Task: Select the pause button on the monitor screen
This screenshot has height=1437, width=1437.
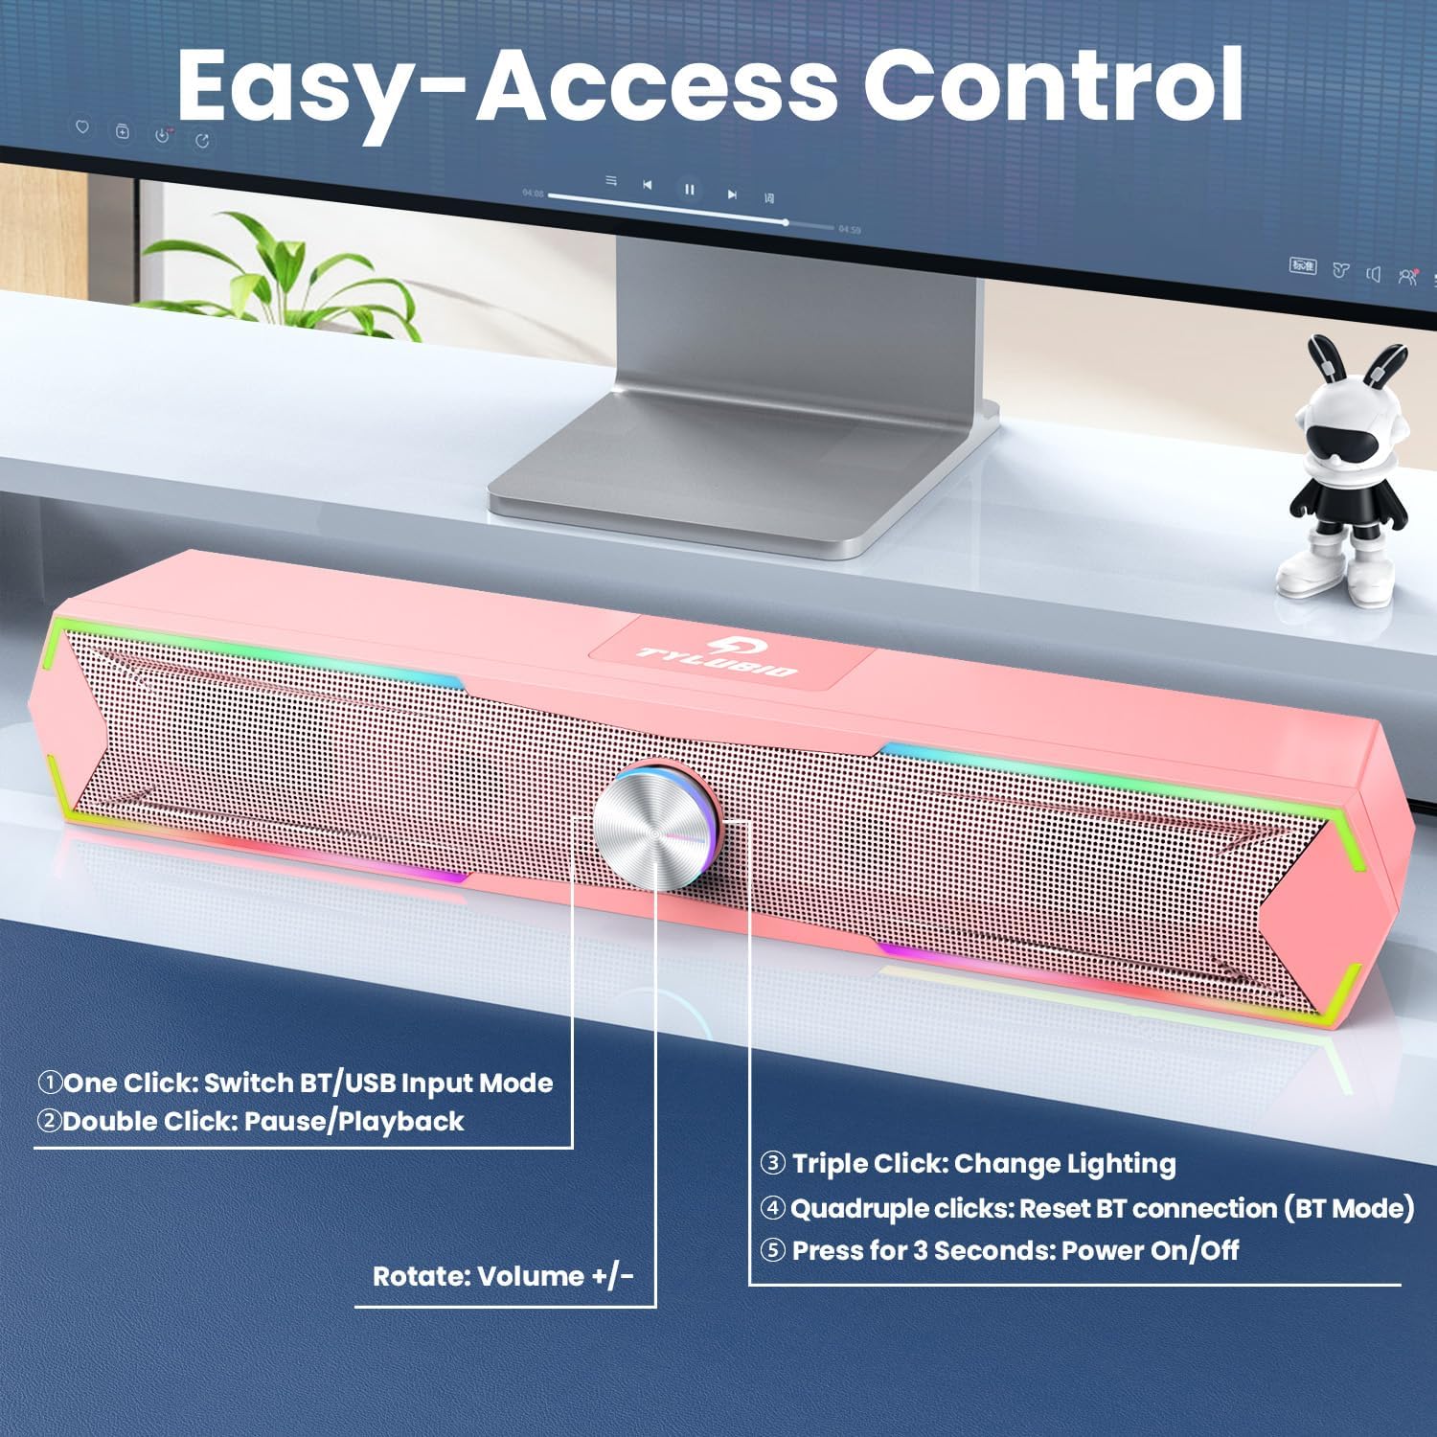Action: coord(689,190)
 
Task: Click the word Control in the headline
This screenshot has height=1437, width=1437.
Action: coord(1059,84)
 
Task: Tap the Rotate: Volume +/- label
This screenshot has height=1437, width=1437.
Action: coord(503,1276)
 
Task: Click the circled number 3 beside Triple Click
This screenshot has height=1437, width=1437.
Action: coord(773,1164)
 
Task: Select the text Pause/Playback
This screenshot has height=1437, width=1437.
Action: coord(354,1121)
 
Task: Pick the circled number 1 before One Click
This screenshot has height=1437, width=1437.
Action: coord(50,1083)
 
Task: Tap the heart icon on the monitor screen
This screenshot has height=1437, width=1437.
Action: coord(82,127)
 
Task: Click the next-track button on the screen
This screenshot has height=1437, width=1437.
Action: coord(732,194)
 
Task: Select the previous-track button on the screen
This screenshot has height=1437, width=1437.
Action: coord(648,185)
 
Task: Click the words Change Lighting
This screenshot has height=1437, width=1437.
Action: coord(1065,1164)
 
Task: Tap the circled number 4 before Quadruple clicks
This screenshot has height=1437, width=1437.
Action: coord(773,1208)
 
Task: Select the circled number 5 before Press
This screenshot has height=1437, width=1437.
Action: coord(773,1250)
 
